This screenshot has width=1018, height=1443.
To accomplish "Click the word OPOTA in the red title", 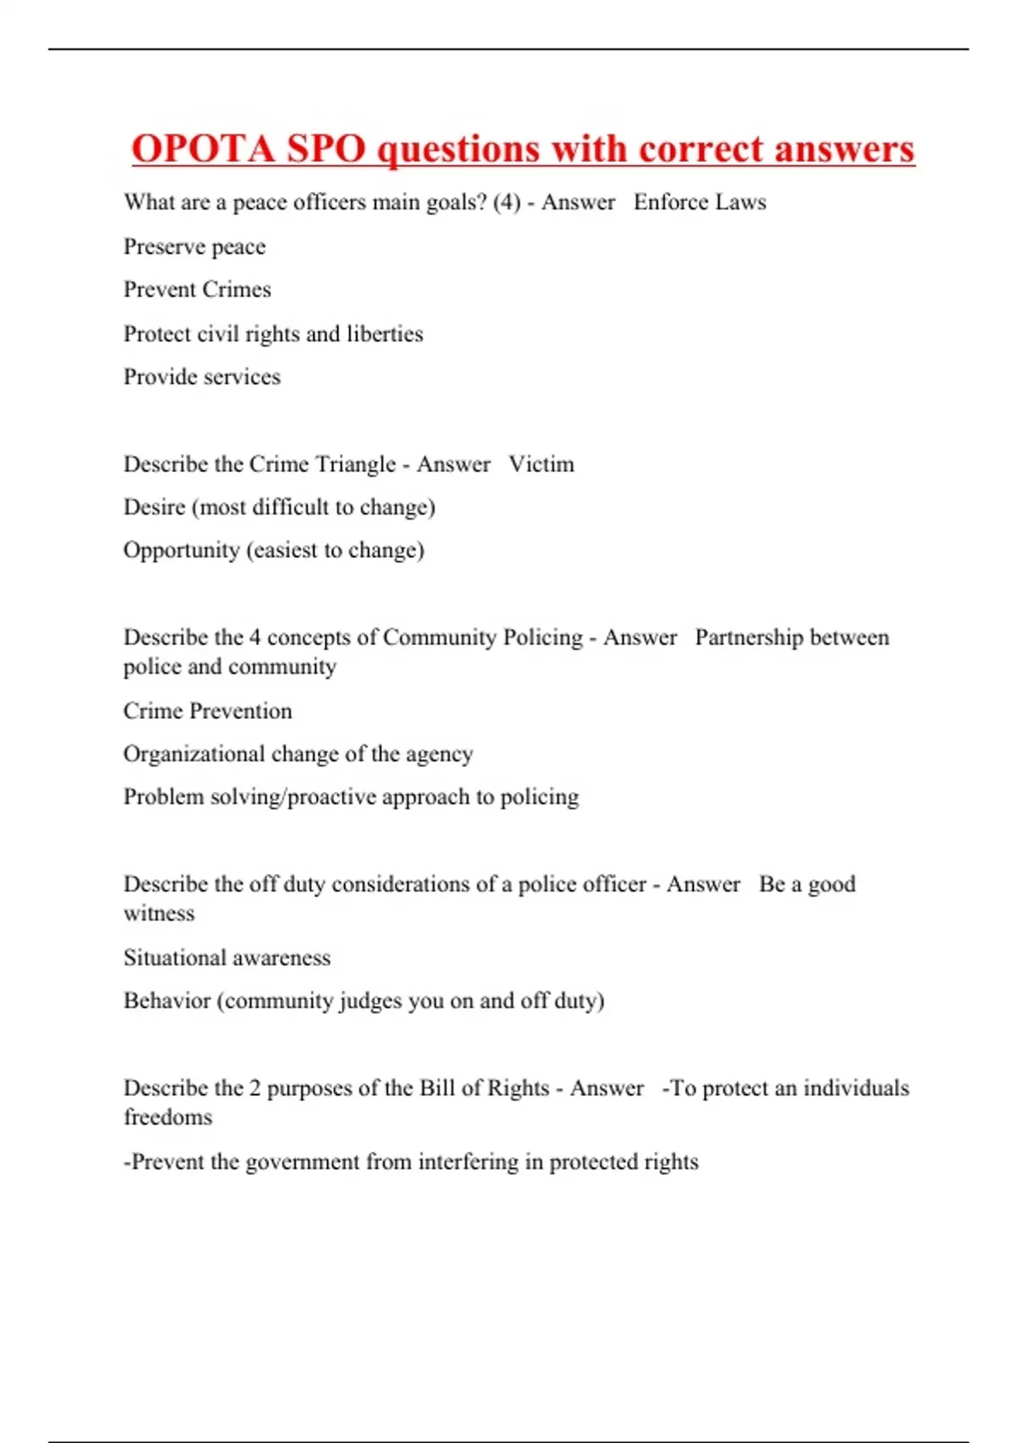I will [204, 149].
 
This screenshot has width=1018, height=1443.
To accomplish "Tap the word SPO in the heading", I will [326, 149].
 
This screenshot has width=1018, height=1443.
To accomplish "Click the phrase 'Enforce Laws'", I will [700, 203].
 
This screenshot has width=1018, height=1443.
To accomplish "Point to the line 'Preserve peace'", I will [194, 247].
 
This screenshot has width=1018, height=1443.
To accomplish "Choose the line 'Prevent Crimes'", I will [197, 290].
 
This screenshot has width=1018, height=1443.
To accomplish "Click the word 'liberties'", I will [384, 334].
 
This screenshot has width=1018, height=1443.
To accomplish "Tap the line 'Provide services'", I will [202, 378].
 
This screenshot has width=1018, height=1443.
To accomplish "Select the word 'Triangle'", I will [355, 465].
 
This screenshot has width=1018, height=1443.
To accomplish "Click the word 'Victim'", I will [541, 465].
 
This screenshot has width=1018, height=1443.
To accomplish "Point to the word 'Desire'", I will [154, 508].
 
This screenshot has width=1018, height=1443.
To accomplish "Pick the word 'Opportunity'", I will [182, 551].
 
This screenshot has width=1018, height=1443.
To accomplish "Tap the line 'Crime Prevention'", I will [208, 711].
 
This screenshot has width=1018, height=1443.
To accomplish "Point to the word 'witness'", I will [159, 914].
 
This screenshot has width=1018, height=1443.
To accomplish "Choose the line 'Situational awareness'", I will [227, 958].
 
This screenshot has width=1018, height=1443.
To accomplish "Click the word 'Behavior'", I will [167, 1002].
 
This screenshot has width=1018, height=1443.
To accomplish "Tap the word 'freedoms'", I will [168, 1118].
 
